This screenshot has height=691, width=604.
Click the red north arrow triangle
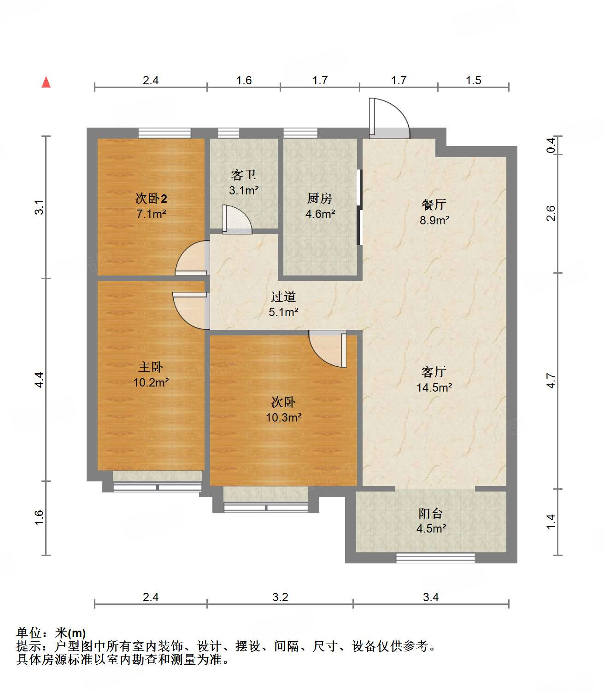[x=46, y=82]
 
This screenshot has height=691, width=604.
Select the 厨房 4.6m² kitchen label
[x=320, y=206]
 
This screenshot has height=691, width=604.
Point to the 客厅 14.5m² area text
[x=434, y=387]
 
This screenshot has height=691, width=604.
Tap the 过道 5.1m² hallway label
[x=283, y=305]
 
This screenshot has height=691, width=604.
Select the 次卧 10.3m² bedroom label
[x=283, y=410]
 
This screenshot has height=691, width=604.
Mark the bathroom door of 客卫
[x=237, y=220]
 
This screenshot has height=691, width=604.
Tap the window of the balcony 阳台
[x=435, y=558]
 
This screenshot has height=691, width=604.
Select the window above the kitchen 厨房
[x=300, y=133]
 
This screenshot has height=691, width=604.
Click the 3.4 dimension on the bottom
[x=431, y=597]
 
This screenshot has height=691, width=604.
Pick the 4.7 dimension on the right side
[x=551, y=381]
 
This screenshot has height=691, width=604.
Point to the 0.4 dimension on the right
[x=551, y=146]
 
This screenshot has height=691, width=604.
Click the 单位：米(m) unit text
[x=51, y=633]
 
